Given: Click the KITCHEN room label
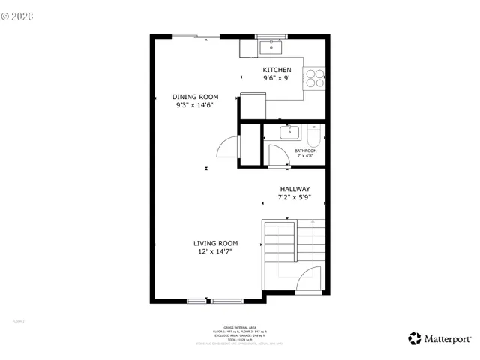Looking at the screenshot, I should (276, 70).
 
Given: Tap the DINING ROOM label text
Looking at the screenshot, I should (195, 97).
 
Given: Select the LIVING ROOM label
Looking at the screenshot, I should (215, 243).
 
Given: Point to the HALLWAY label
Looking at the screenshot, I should (295, 190).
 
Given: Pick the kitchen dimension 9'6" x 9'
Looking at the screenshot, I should (276, 78).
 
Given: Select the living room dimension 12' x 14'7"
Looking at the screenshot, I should (215, 251).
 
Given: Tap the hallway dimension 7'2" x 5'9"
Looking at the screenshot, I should (295, 198).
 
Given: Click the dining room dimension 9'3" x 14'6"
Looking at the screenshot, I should (195, 105).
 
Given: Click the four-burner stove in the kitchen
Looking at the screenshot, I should (314, 78).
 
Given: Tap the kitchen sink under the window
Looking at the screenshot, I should (269, 47).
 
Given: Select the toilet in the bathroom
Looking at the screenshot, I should (314, 136).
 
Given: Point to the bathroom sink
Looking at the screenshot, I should (289, 133).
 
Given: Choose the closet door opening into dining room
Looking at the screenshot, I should (228, 147).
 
